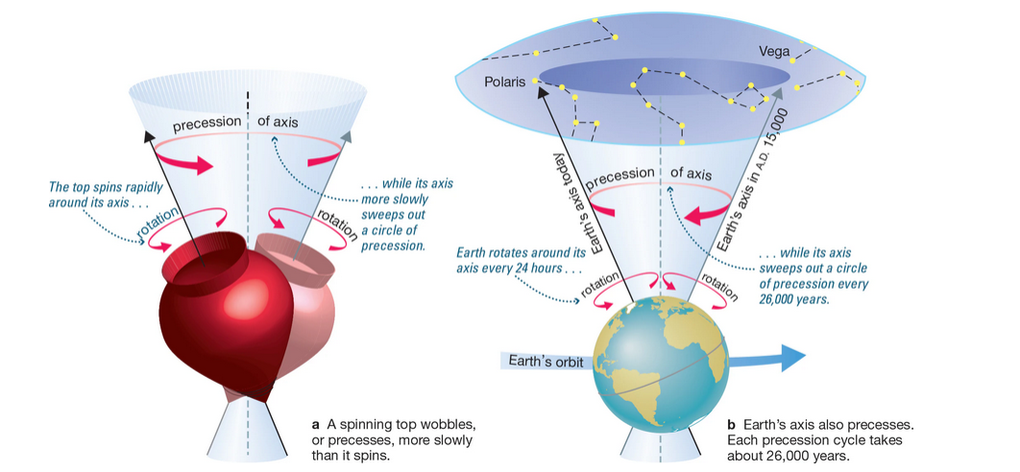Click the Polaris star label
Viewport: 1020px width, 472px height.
[x=505, y=82]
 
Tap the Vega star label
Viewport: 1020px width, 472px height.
[x=776, y=51]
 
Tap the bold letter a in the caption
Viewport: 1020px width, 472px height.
[x=315, y=423]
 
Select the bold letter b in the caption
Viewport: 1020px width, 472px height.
[x=731, y=423]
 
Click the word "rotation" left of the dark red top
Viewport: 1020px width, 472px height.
[x=158, y=229]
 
